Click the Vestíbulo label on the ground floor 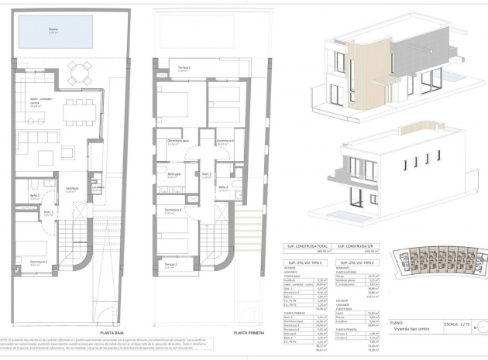tap(72, 188)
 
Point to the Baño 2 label tap(34, 197)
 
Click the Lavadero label tap(97, 188)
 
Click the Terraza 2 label tap(172, 266)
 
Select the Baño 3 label tap(223, 187)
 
